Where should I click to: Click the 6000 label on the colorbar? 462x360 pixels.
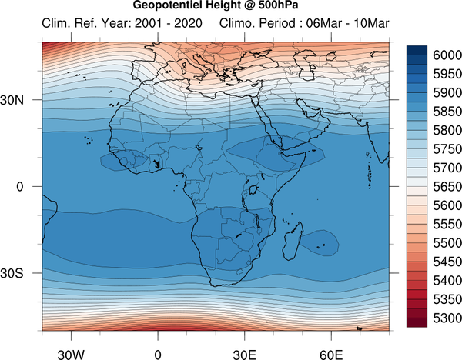coord(447,55)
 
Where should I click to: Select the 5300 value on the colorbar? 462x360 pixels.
coord(447,318)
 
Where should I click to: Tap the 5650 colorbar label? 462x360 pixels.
coord(447,187)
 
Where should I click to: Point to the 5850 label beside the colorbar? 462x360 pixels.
coord(447,112)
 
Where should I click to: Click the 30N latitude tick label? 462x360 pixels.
coord(12,100)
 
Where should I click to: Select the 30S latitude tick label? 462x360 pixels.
coord(12,273)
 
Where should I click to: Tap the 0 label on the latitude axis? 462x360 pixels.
coord(20,187)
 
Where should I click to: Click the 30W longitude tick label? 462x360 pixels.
coord(71,355)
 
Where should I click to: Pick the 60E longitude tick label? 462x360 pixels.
coord(331,355)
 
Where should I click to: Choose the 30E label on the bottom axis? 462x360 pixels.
coord(245,355)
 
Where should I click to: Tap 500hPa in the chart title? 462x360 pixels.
coord(279,5)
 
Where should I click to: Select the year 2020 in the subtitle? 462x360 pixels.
coord(188,23)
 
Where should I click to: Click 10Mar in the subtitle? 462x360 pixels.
coord(371,23)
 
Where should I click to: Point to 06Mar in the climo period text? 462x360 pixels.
coord(324,23)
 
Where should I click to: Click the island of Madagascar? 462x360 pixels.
coord(293,242)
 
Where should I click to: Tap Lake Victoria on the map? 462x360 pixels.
coord(253,190)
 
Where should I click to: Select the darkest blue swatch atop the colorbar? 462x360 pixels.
coord(417,50)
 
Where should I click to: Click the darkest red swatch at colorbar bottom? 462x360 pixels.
coord(417,322)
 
